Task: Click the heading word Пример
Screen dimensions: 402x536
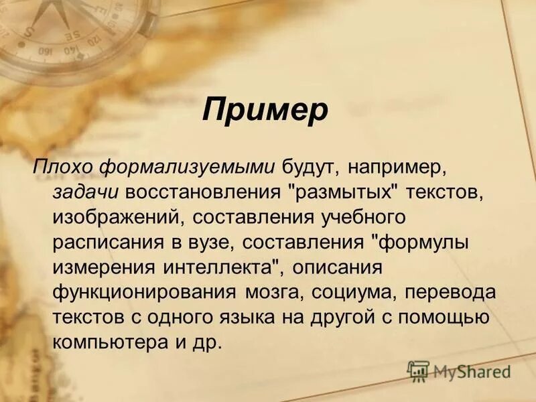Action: (265, 110)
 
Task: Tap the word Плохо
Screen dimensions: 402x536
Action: (61, 165)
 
